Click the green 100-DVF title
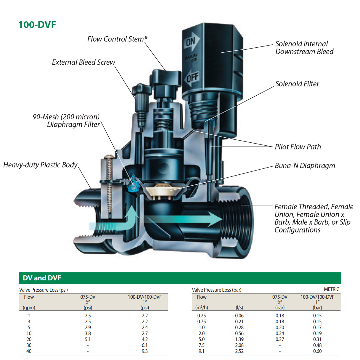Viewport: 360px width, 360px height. (37, 25)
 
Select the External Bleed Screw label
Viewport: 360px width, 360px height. (83, 62)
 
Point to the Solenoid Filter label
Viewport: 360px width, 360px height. (297, 84)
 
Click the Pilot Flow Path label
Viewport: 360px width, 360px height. (298, 147)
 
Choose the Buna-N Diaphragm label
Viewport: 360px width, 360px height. (305, 165)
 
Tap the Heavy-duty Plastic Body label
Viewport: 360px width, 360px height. (40, 165)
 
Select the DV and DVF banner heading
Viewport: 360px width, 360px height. (42, 278)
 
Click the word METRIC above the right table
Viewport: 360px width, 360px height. (331, 289)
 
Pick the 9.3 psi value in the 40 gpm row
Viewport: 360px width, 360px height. (144, 351)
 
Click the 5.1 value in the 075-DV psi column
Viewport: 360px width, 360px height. (88, 339)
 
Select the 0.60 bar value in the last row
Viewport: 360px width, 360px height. (317, 351)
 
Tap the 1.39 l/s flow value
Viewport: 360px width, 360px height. (239, 339)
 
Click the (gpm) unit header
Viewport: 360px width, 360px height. (29, 308)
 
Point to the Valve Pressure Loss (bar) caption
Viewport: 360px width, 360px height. (216, 290)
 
